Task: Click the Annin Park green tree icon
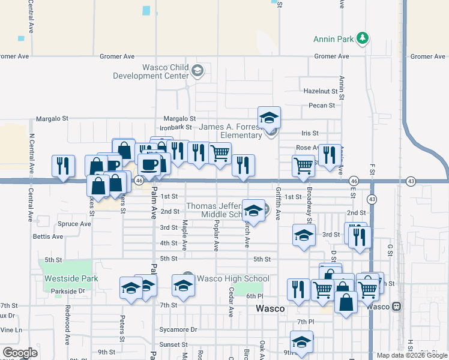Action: pyautogui.click(x=362, y=39)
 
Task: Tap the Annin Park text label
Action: pyautogui.click(x=334, y=40)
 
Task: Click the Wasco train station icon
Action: pyautogui.click(x=396, y=306)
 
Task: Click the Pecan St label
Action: pyautogui.click(x=322, y=106)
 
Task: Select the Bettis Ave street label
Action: pyautogui.click(x=48, y=236)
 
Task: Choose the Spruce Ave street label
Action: pyautogui.click(x=74, y=224)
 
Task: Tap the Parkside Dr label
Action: pyautogui.click(x=68, y=291)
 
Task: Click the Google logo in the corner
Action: pyautogui.click(x=19, y=353)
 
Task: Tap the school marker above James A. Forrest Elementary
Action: pyautogui.click(x=269, y=117)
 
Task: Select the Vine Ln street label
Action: pyautogui.click(x=11, y=329)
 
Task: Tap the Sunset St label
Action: pyautogui.click(x=173, y=344)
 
